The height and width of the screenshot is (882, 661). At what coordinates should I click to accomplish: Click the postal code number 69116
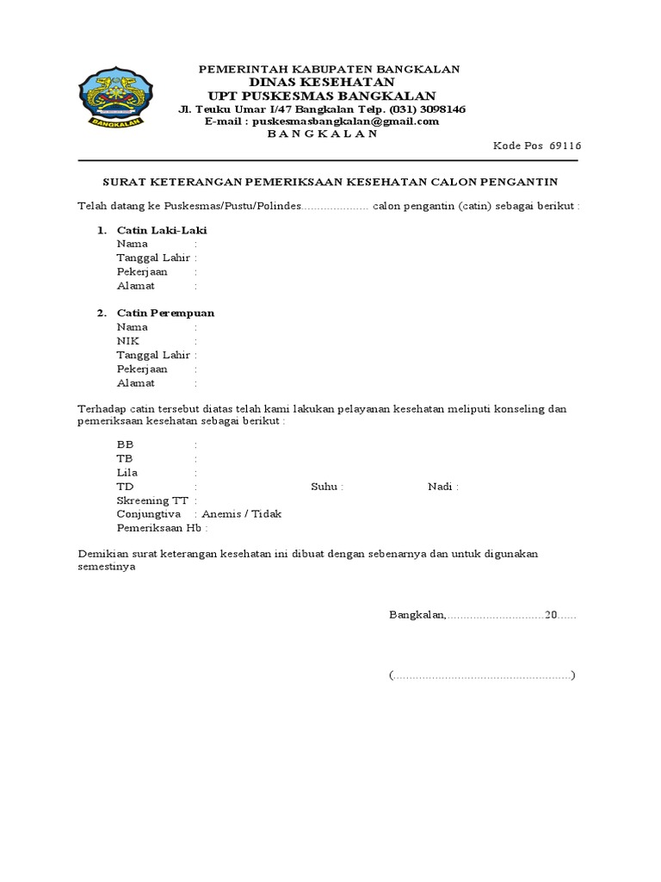coord(565,146)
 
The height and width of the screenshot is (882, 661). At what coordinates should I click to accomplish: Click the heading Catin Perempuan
coord(165,313)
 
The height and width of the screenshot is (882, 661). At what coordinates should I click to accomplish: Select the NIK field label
coord(127,341)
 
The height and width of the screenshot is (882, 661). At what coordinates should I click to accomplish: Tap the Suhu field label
coord(326,487)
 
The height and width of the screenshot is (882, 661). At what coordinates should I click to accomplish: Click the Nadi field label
coord(442,487)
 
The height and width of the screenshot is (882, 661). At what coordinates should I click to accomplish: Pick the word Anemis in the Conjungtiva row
coord(221,514)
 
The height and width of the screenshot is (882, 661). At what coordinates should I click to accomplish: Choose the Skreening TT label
coord(153,500)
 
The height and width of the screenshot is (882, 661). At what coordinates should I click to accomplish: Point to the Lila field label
coord(127,473)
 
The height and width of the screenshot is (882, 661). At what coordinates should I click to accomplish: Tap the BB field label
coord(126,444)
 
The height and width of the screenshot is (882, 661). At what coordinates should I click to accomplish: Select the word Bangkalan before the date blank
coord(417,616)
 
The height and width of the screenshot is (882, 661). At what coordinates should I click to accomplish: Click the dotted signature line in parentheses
coord(482,675)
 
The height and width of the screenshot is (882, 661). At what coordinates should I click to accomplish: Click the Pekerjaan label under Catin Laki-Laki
coord(142,271)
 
